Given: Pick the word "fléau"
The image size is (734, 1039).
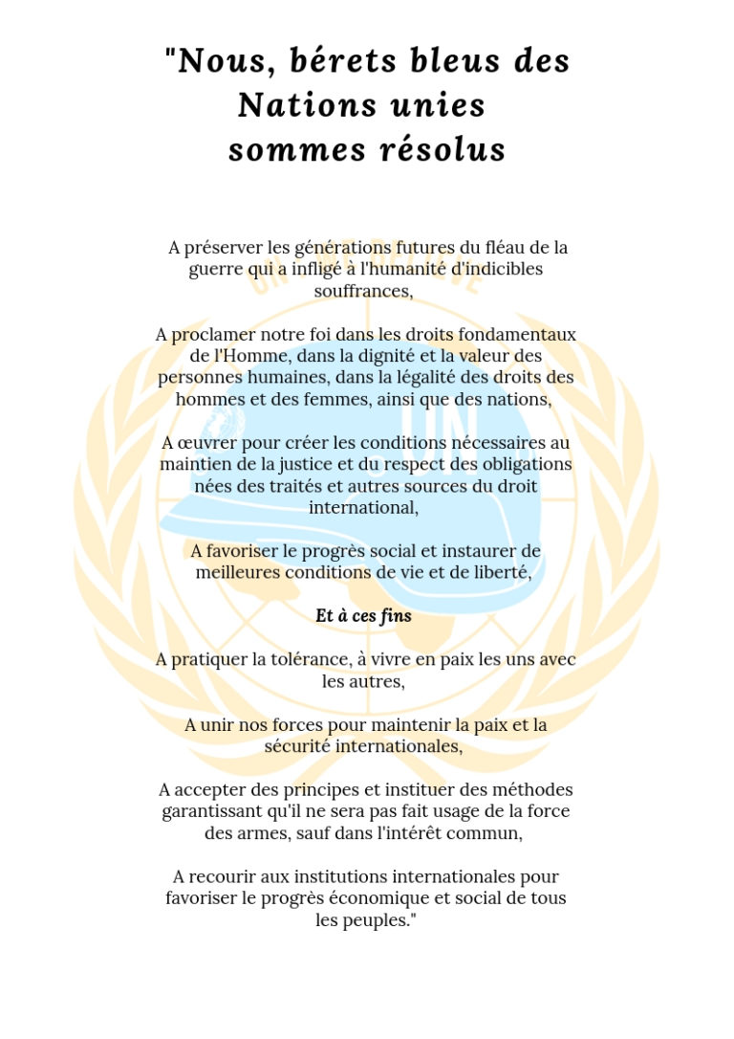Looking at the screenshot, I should click(483, 248).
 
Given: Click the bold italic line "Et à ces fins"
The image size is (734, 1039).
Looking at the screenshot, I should click(364, 616).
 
